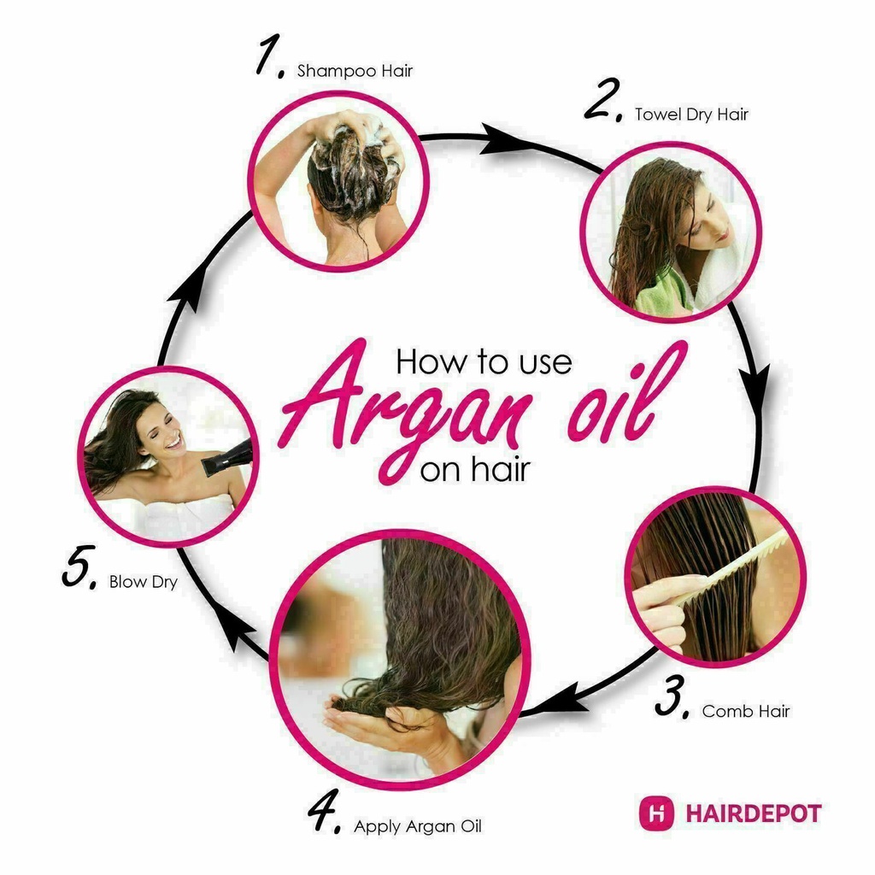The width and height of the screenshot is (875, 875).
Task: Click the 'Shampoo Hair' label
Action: [x=355, y=71]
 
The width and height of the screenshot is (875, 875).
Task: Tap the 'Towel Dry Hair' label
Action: [x=691, y=115]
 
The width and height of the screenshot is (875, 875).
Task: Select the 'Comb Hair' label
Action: [x=746, y=711]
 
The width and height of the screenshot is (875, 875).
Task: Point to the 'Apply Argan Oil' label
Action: [x=417, y=826]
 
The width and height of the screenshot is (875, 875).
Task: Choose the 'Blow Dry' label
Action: [x=144, y=582]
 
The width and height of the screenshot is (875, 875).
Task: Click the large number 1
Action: [x=269, y=56]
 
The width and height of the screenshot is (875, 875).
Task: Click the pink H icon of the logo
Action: [x=657, y=813]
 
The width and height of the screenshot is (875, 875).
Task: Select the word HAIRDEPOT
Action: [x=754, y=813]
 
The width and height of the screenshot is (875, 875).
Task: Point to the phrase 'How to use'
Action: [x=484, y=361]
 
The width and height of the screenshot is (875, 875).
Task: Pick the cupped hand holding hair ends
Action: [x=385, y=725]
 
